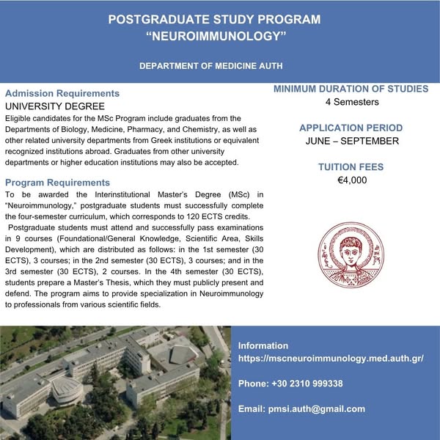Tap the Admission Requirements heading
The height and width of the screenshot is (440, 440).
tap(62, 94)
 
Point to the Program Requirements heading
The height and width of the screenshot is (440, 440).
tap(57, 182)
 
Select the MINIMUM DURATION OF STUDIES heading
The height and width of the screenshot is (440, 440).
tap(351, 89)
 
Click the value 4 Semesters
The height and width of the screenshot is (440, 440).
tap(351, 102)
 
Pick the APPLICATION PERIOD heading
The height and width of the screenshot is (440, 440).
tap(351, 128)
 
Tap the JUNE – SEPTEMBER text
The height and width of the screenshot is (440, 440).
tap(351, 141)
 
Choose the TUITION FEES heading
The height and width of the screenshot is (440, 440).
tap(351, 167)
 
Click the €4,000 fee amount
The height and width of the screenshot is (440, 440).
tap(351, 180)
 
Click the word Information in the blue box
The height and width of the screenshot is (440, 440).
tap(263, 346)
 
